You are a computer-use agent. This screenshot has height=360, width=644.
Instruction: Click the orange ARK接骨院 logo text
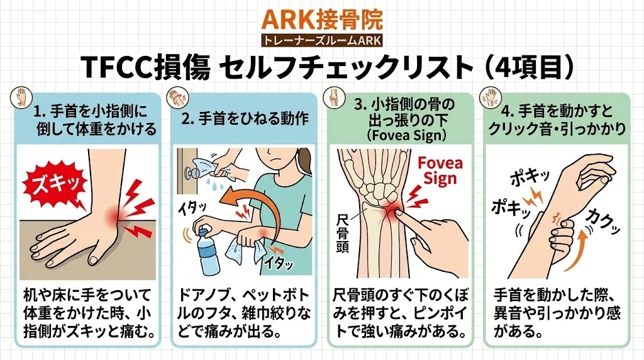[x=322, y=19]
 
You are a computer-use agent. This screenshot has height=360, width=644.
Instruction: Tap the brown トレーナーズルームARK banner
[x=322, y=41]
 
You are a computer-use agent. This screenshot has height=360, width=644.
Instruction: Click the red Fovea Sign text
[x=440, y=171]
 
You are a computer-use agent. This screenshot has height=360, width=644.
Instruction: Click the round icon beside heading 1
[x=20, y=97]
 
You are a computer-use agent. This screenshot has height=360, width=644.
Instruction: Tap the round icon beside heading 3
[x=334, y=97]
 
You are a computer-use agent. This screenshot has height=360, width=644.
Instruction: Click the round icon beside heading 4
[x=491, y=97]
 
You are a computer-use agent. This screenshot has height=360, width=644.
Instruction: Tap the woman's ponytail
[x=304, y=162]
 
